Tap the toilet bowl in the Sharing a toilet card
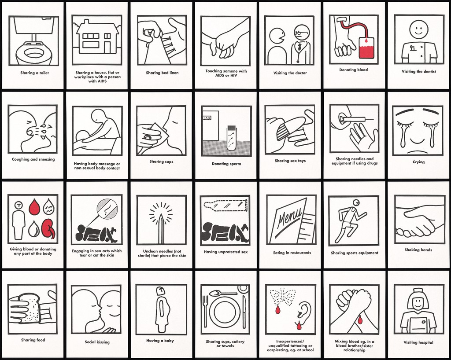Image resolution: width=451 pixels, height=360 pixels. [x=33, y=53]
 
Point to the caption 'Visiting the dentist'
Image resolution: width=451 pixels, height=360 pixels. [x=419, y=72]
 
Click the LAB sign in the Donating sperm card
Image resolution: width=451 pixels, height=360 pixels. [x=207, y=118]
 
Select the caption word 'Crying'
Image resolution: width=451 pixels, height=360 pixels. [x=418, y=162]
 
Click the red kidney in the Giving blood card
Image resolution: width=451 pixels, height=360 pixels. [x=48, y=229]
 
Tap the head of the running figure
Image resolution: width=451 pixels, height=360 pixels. [x=356, y=202]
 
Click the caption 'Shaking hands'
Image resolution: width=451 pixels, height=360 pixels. [x=418, y=250]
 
